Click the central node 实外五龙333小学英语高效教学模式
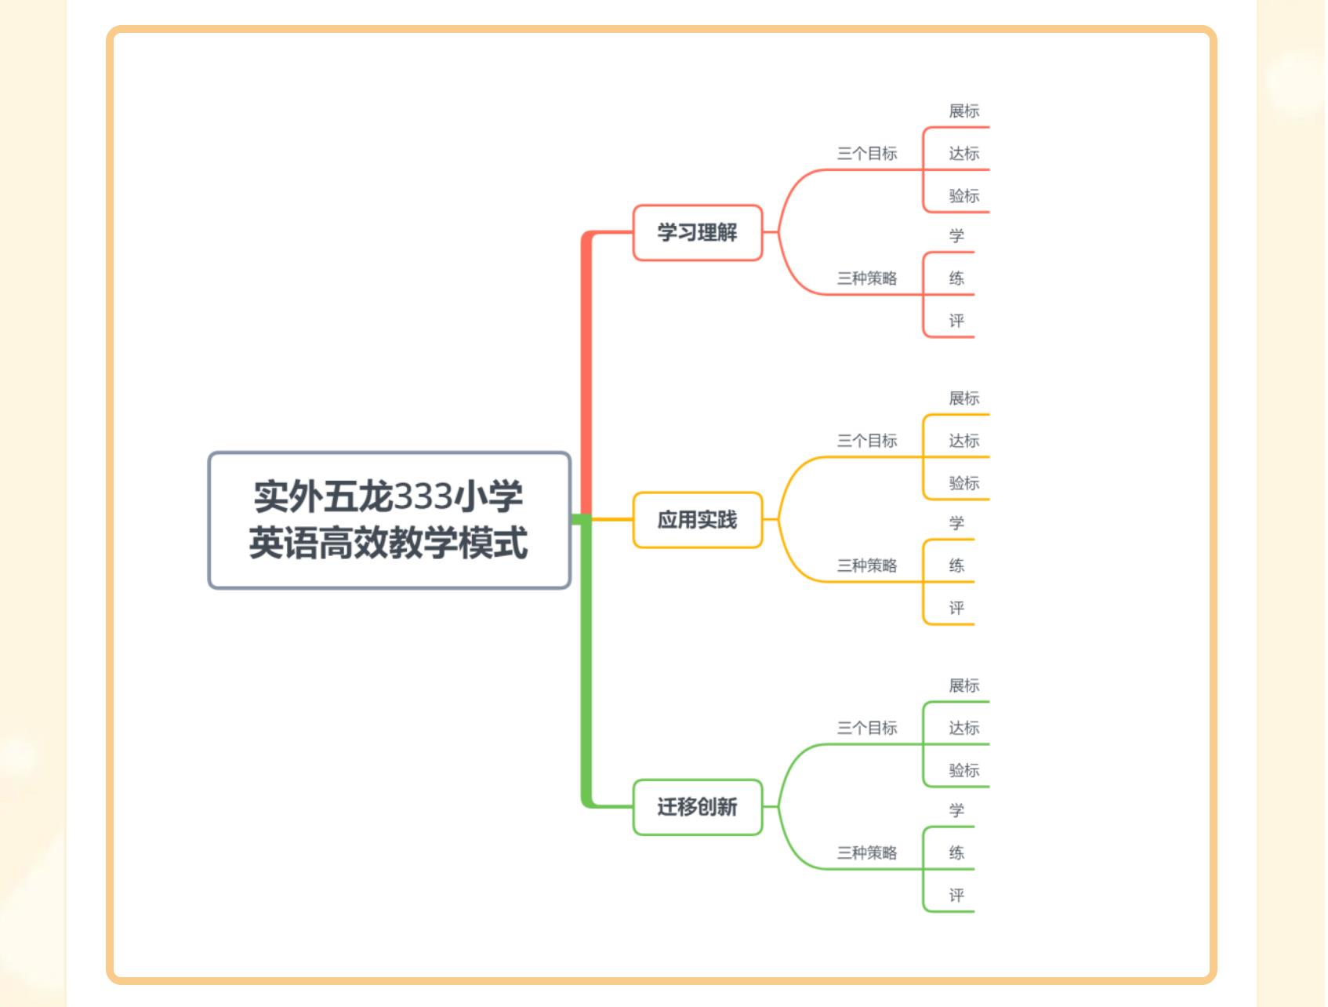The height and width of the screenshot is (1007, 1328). point(389,520)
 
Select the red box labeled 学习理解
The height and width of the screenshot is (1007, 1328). point(697,232)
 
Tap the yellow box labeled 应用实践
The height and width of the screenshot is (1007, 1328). point(697,520)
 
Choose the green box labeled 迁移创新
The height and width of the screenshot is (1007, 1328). point(697,807)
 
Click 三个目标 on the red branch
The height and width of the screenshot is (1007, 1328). point(866,154)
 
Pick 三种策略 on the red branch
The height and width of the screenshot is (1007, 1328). point(866,278)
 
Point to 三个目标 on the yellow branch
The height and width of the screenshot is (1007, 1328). point(866,441)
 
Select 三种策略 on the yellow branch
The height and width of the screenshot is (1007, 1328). point(866,565)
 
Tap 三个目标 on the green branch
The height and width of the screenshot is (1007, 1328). point(866,728)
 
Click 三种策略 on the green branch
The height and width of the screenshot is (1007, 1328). point(866,852)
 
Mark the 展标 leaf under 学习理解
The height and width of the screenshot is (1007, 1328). point(963,111)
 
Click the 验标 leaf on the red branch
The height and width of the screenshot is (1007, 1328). point(963,196)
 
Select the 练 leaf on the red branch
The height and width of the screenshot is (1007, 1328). point(956,278)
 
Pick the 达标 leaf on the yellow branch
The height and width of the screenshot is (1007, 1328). point(963,441)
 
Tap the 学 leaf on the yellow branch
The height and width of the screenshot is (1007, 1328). point(956,523)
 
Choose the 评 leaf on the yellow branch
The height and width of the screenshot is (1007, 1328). point(956,608)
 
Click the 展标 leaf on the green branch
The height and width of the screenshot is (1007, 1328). point(963,685)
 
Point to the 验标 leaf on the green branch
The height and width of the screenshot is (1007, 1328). point(963,770)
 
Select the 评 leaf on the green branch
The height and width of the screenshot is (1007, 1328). point(956,895)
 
